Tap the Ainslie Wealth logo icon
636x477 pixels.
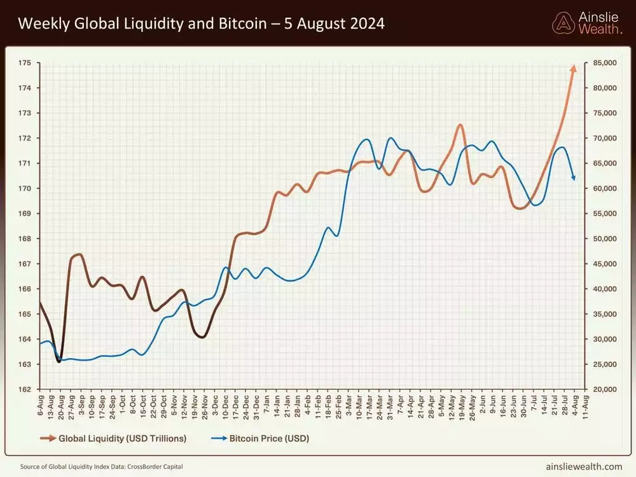click(563, 23)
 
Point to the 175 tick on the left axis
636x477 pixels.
click(25, 63)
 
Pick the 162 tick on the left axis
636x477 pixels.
click(25, 389)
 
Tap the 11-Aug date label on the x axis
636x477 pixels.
click(586, 404)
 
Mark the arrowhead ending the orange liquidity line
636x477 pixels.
click(573, 67)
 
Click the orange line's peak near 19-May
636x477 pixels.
click(460, 125)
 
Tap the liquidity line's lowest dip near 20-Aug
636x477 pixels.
click(59, 361)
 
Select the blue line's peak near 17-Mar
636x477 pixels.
click(367, 139)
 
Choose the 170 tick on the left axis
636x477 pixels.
click(25, 188)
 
